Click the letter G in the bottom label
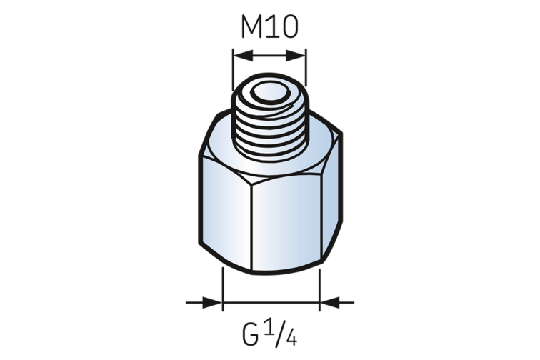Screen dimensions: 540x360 [250, 335]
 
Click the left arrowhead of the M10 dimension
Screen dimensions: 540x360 [243, 55]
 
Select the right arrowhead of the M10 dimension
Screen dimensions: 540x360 [296, 55]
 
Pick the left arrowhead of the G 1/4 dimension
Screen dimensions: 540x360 [212, 302]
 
